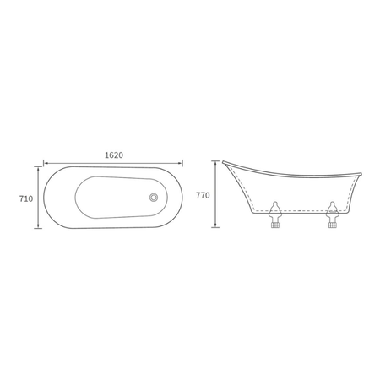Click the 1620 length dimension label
114,155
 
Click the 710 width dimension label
26,198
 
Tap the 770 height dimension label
203,195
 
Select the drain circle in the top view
154,198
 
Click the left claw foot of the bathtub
275,214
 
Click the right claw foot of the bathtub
332,214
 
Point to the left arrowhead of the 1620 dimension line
45,163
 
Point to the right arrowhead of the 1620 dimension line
181,163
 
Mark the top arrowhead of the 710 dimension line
38,168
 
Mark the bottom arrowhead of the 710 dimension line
38,226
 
